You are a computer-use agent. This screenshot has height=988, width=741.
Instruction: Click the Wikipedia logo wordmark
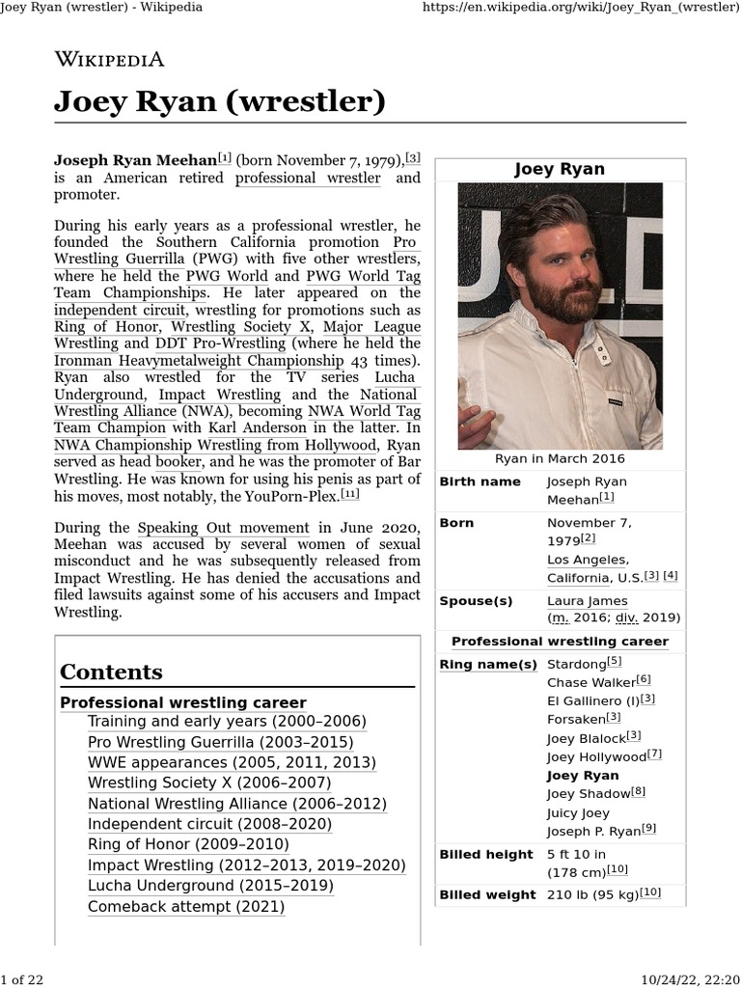pyautogui.click(x=109, y=59)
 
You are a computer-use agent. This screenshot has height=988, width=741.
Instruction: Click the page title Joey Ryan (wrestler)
pyautogui.click(x=220, y=101)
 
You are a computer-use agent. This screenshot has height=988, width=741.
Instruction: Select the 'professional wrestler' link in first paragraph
pyautogui.click(x=308, y=178)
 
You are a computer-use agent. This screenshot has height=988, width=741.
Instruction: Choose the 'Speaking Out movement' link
pyautogui.click(x=224, y=528)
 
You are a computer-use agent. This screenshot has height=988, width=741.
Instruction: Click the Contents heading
pyautogui.click(x=111, y=672)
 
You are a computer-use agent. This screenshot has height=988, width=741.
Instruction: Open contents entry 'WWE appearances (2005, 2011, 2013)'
pyautogui.click(x=232, y=762)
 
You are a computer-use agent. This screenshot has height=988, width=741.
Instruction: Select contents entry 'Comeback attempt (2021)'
pyautogui.click(x=186, y=906)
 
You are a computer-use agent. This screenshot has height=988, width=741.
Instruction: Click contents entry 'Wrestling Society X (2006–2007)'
pyautogui.click(x=209, y=782)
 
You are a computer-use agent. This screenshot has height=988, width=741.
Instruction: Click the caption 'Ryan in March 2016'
pyautogui.click(x=560, y=458)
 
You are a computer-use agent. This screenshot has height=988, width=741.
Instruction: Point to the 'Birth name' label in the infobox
pyautogui.click(x=480, y=481)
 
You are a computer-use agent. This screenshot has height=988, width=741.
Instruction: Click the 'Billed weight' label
pyautogui.click(x=487, y=894)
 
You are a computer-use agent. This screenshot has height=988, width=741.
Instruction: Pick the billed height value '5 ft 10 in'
pyautogui.click(x=576, y=854)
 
